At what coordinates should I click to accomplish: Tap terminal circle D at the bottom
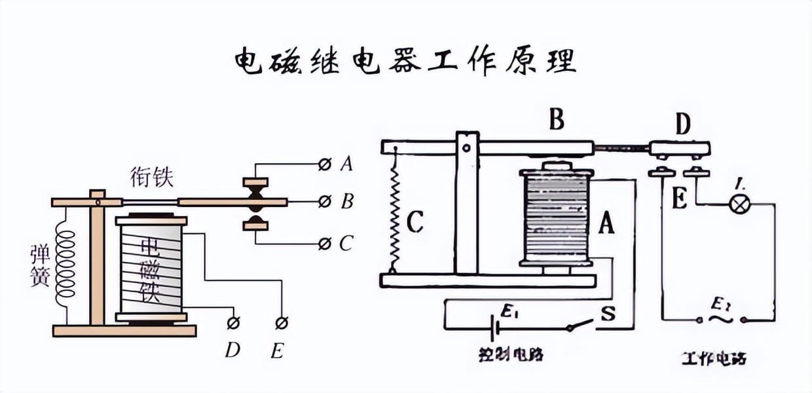click(232, 322)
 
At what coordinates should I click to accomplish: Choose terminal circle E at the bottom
click(282, 322)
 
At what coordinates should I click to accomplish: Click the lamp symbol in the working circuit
click(740, 204)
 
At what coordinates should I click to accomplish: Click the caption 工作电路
click(714, 358)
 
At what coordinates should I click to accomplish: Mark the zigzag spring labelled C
click(394, 210)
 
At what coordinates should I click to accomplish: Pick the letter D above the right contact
click(683, 124)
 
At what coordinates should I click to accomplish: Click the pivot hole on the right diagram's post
click(466, 147)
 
